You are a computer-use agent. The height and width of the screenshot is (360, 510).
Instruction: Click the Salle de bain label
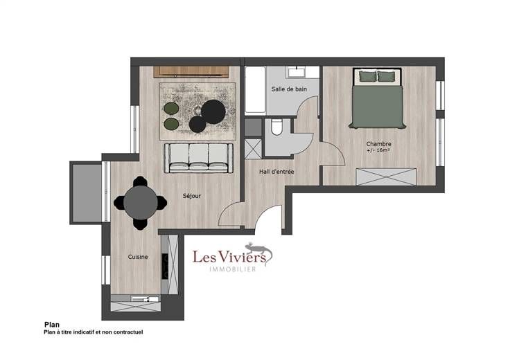pos(289,89)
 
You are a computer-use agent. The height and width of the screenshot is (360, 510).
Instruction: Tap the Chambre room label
pos(378,143)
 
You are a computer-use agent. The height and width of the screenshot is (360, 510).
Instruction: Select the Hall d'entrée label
pos(276,172)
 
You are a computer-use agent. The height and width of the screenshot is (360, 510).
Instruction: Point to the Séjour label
pos(191,196)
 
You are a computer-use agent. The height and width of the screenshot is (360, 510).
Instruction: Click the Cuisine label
pos(138,257)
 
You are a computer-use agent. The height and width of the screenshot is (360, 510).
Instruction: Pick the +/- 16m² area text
pos(378,150)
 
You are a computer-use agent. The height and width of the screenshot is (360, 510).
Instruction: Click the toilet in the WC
pos(276,127)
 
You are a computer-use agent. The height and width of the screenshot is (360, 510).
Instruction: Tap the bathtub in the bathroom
pos(255,90)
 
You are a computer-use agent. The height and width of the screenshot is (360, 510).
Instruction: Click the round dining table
pos(141,203)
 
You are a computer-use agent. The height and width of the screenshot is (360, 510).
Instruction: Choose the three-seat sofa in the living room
pos(199,158)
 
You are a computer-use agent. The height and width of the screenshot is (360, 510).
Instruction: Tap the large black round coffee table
pos(213,111)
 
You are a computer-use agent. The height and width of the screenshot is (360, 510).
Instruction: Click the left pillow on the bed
pos(368,76)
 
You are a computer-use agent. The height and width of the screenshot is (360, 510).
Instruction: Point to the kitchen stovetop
pos(165,267)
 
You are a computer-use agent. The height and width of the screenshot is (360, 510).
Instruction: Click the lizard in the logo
pos(259,251)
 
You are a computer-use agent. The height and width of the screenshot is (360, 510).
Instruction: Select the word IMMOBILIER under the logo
pos(233,269)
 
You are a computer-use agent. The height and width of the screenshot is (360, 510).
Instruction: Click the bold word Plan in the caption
pos(52,325)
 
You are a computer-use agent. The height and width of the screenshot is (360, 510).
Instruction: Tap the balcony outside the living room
pos(87,193)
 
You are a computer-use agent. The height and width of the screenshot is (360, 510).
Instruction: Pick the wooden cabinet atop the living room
pos(191,72)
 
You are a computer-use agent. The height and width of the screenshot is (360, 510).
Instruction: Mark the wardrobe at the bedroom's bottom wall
pos(386,177)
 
